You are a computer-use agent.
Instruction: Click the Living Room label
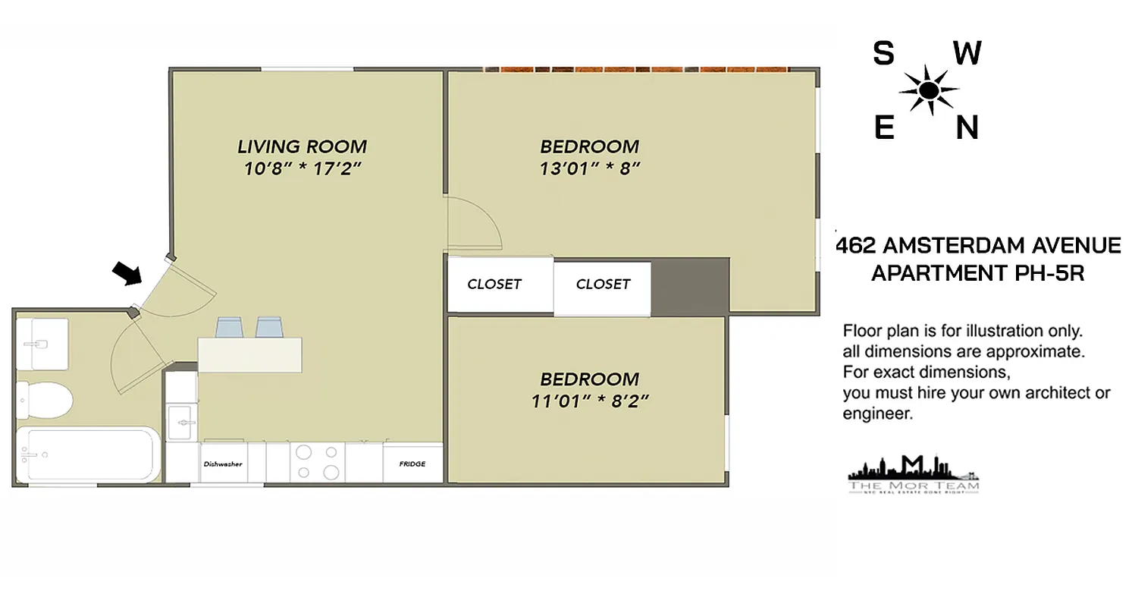tap(302, 146)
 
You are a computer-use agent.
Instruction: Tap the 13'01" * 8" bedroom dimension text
tap(590, 168)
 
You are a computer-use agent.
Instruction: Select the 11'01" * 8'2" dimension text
tap(590, 401)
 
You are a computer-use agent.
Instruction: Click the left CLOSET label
tap(494, 285)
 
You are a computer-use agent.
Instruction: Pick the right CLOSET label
tap(603, 285)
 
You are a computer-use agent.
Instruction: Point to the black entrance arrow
tap(127, 272)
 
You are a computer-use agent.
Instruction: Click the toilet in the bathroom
tap(45, 398)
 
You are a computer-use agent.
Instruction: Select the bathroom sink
tap(42, 343)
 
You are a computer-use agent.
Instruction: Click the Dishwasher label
tap(222, 464)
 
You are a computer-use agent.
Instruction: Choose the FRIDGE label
tap(412, 464)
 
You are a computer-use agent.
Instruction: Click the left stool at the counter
tap(229, 327)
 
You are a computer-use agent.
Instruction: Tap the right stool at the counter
tap(269, 327)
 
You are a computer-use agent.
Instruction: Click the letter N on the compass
tap(967, 127)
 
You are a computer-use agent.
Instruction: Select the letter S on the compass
tap(883, 54)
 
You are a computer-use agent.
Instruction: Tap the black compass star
tap(928, 90)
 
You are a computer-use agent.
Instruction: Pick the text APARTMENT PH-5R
tap(977, 272)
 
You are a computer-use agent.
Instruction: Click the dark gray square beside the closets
tap(689, 286)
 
